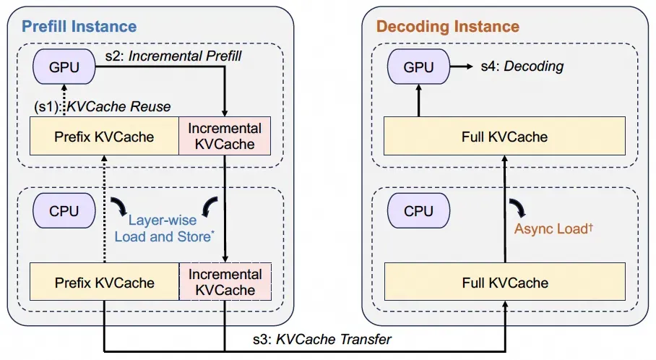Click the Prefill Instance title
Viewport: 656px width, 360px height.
coord(79,27)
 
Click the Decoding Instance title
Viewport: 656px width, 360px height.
coord(447,27)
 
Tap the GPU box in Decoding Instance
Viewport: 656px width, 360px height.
coord(418,67)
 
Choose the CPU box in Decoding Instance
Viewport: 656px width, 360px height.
coord(418,212)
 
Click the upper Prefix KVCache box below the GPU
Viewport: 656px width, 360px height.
coord(104,136)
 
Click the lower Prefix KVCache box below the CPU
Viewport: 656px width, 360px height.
coord(104,282)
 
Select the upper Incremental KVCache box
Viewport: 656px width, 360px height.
coord(225,136)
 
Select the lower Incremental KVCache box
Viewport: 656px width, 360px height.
coord(225,282)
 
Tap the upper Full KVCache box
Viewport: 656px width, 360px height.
coord(504,136)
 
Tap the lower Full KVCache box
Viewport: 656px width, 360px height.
coord(504,282)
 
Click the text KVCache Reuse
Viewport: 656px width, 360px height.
coord(118,106)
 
